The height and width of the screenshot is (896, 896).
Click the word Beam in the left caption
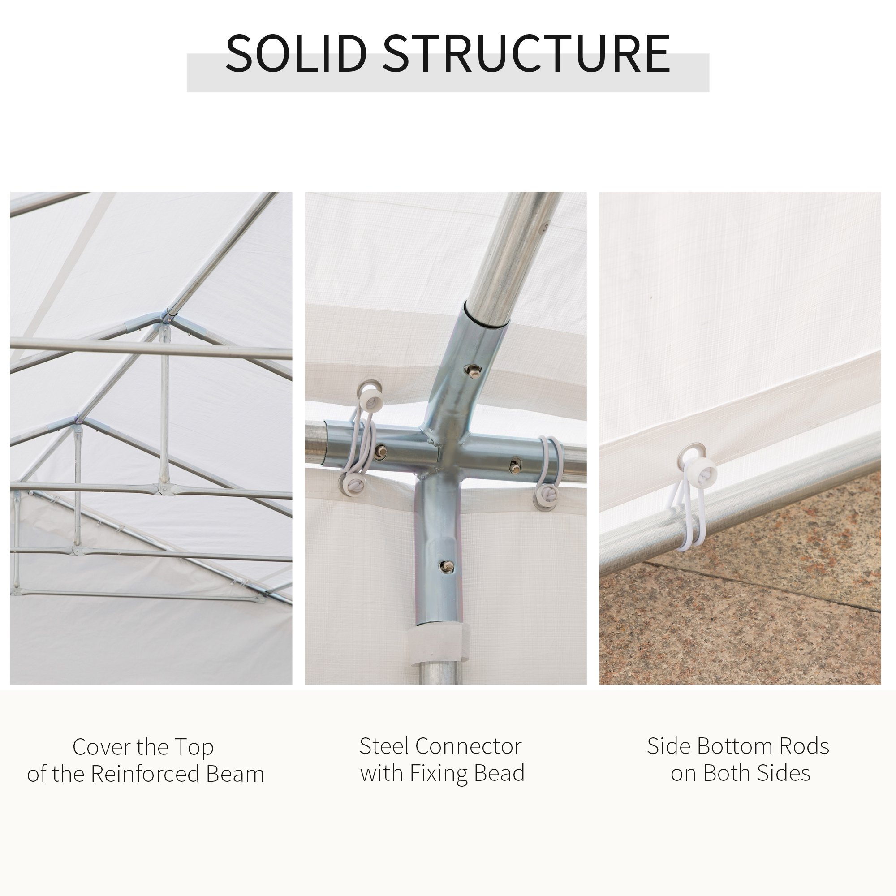[235, 774]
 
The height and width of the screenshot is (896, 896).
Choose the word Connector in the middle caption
[469, 746]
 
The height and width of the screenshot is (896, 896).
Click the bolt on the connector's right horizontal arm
[515, 466]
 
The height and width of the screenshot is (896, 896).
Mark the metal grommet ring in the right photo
[692, 452]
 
